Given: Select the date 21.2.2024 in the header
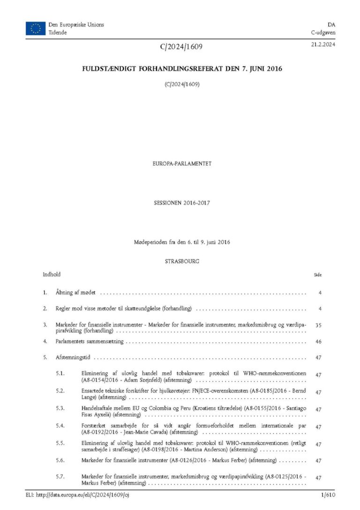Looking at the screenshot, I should [323, 45].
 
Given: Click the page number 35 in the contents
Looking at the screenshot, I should [319, 324].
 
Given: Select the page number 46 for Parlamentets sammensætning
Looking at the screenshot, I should [319, 342].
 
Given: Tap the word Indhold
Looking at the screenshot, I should [52, 274].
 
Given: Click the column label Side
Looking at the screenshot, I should [317, 275].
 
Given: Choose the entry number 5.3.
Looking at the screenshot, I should [60, 409].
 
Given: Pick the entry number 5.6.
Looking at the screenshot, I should [60, 461].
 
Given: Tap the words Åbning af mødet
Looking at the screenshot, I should [75, 293].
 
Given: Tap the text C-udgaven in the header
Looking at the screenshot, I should [323, 32].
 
